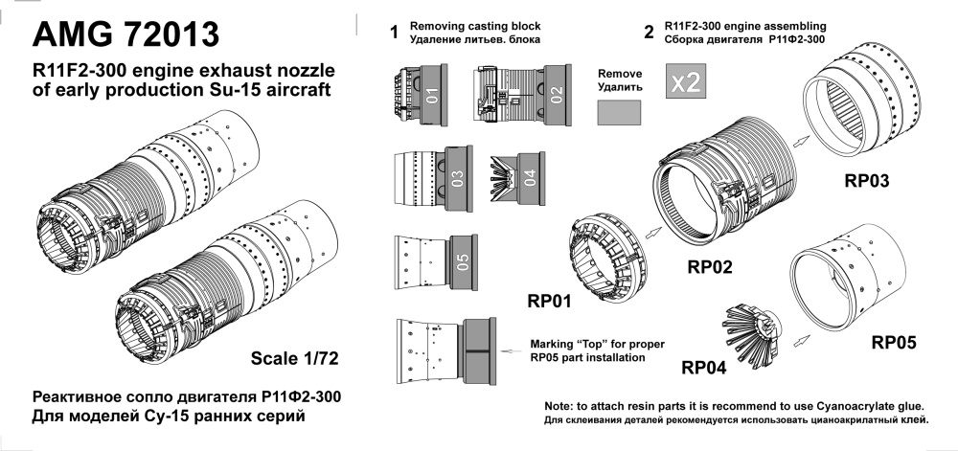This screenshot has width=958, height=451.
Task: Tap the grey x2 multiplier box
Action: tap(685, 82)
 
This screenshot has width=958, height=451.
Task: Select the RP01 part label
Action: tap(549, 302)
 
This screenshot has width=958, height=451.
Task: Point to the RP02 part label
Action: tap(708, 267)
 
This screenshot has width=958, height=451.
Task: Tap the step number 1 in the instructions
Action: tap(393, 33)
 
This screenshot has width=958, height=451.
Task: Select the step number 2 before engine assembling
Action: tap(650, 33)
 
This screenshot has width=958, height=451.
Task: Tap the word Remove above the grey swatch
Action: tap(620, 73)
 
